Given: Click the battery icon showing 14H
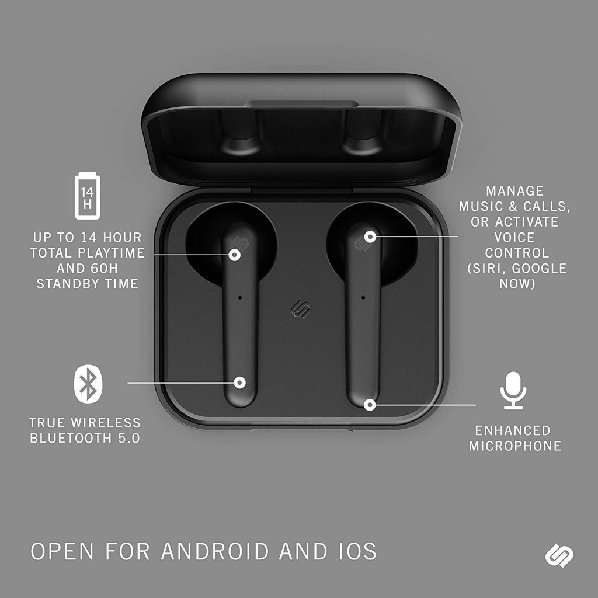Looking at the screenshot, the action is [88, 196].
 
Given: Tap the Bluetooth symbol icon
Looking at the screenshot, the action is [88, 384].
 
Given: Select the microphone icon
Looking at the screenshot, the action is [513, 391].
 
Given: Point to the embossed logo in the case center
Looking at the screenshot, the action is [300, 310].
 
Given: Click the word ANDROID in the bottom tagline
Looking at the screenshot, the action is [215, 551].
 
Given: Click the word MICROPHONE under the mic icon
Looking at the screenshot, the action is [515, 446].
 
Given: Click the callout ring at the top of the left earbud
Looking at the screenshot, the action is [235, 255].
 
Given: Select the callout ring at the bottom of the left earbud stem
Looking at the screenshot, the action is [239, 383].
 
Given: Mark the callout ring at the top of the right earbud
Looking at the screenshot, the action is [370, 237].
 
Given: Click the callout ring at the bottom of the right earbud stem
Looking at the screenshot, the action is [369, 405].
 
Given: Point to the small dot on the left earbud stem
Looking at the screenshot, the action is [239, 297].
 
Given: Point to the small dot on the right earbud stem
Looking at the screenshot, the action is [363, 297].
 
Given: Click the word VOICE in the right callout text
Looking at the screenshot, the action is [514, 238].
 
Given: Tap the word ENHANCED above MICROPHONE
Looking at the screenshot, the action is [513, 430].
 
